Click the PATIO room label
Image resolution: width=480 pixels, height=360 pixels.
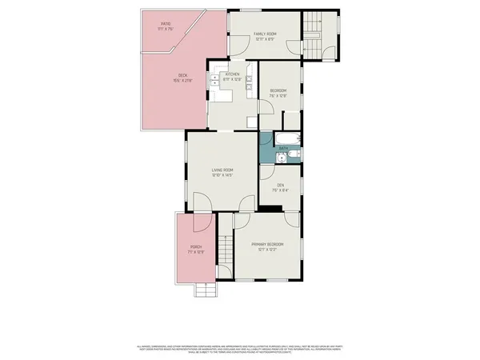click(x=166, y=26)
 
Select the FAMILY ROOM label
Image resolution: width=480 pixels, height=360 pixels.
click(x=266, y=35)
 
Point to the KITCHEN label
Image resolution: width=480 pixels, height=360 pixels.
click(x=232, y=77)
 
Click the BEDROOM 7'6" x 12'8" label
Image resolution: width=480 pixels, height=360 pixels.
click(x=278, y=92)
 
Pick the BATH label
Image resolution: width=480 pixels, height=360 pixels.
click(x=283, y=149)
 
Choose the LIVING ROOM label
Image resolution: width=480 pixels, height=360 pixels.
click(x=222, y=171)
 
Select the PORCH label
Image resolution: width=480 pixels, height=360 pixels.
click(x=195, y=249)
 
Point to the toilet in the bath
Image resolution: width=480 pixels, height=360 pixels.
click(x=298, y=157)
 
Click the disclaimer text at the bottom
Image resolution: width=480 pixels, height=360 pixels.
click(x=239, y=350)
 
